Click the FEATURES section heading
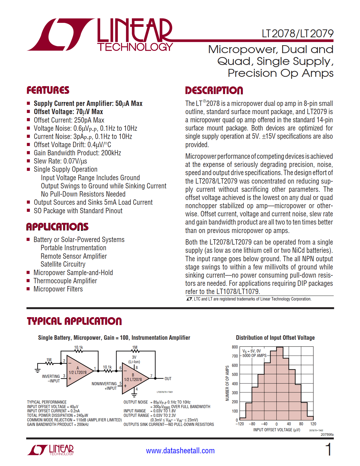point(48,90)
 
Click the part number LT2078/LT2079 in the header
point(297,34)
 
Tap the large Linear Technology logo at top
point(100,35)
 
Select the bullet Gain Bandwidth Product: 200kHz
point(77,153)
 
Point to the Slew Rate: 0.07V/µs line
point(60,161)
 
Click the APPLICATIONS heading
point(57,227)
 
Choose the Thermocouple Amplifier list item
point(65,281)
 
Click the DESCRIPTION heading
point(214,90)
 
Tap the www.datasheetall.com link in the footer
point(180,451)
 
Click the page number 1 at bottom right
point(328,450)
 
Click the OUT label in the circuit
point(168,379)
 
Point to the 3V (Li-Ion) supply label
point(134,360)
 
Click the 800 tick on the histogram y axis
point(235,347)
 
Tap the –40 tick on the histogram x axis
point(264,424)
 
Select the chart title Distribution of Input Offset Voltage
point(275,338)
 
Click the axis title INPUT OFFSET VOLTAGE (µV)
point(276,430)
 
